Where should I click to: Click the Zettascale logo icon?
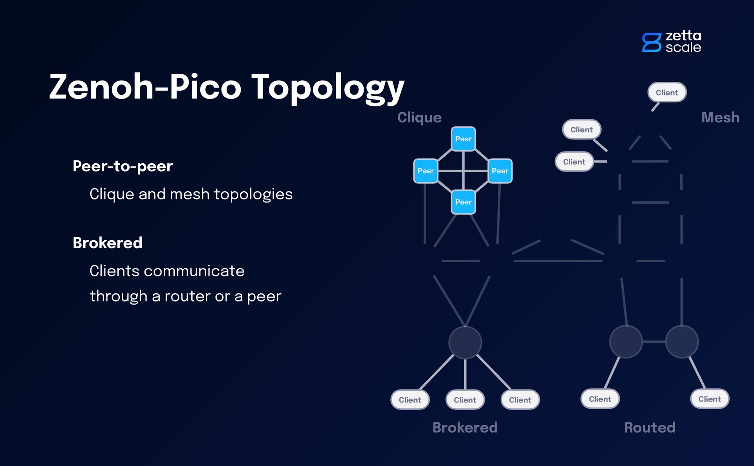tap(652, 42)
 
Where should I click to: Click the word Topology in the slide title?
tap(328, 87)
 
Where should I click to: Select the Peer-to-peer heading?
tap(123, 166)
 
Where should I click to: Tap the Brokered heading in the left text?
tap(108, 243)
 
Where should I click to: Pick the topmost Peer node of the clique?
tap(463, 139)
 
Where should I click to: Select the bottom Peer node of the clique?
tap(463, 202)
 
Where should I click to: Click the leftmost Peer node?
tap(426, 171)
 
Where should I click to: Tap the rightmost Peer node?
tap(500, 171)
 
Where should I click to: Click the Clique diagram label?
tap(419, 117)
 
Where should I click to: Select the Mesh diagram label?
tap(720, 117)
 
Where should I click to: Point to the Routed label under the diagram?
tap(650, 428)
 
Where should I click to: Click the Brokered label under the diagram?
tap(465, 428)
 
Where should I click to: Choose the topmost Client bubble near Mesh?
tap(667, 93)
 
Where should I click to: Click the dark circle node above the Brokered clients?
tap(465, 342)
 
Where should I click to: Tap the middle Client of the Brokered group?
tap(465, 400)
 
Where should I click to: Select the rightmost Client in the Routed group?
tap(710, 399)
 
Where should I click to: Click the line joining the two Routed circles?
tap(654, 342)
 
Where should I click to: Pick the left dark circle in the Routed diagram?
tap(626, 342)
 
